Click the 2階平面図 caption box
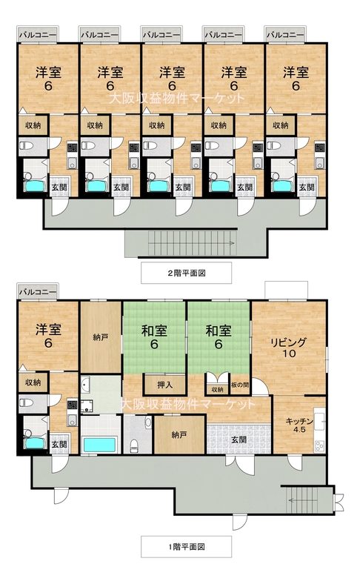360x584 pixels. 186,273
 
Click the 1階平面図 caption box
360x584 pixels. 186,547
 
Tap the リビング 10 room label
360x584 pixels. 289,348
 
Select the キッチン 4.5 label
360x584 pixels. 300,425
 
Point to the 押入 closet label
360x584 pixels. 164,385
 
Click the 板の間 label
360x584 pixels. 240,385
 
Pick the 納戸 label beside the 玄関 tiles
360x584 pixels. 179,434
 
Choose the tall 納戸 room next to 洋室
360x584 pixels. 101,337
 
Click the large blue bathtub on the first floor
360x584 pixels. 99,445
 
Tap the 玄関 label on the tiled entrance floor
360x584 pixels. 239,440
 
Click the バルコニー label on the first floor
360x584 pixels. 38,291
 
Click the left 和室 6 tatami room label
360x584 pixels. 154,337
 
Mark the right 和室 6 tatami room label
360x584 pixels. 219,337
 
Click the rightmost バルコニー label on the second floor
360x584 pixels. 285,35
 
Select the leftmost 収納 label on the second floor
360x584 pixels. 33,125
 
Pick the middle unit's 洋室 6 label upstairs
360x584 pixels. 172,79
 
